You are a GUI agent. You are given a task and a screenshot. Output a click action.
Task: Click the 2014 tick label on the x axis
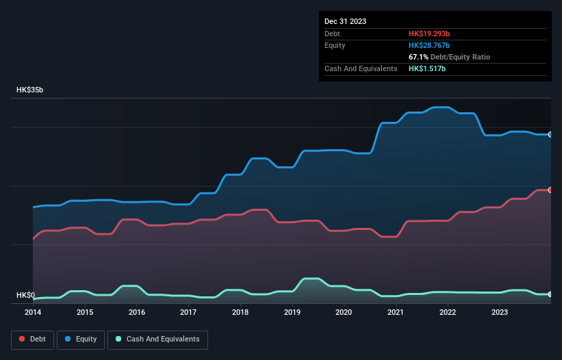pos(33,312)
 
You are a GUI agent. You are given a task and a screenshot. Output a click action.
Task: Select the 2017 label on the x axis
pos(188,312)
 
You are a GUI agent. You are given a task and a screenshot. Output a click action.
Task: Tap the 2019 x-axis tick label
pos(292,312)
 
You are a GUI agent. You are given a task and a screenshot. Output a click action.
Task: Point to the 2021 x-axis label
pos(396,312)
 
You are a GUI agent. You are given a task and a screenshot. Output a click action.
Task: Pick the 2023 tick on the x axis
pos(500,312)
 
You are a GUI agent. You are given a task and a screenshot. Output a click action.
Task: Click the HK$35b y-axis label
pos(30,90)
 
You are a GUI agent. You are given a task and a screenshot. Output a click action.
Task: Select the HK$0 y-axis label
pos(25,296)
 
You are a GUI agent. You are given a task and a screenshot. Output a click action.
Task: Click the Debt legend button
pos(31,339)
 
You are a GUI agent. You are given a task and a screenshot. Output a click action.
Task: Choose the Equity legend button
pos(80,339)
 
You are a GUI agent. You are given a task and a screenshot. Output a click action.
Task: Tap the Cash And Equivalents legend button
pos(157,339)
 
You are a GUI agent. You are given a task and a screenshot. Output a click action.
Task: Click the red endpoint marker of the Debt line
pos(550,190)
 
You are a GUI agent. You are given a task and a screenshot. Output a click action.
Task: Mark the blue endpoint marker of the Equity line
pos(550,135)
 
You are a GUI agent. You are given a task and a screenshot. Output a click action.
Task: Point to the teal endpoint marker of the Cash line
pos(550,294)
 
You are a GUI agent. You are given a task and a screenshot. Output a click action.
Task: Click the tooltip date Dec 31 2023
pos(345,21)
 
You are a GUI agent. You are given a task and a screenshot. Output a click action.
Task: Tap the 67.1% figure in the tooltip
pos(418,57)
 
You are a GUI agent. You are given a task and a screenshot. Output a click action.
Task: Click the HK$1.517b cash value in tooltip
pos(427,69)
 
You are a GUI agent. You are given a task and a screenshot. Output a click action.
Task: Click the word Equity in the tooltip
pos(335,45)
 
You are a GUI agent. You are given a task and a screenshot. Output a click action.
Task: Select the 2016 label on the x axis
pos(137,312)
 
